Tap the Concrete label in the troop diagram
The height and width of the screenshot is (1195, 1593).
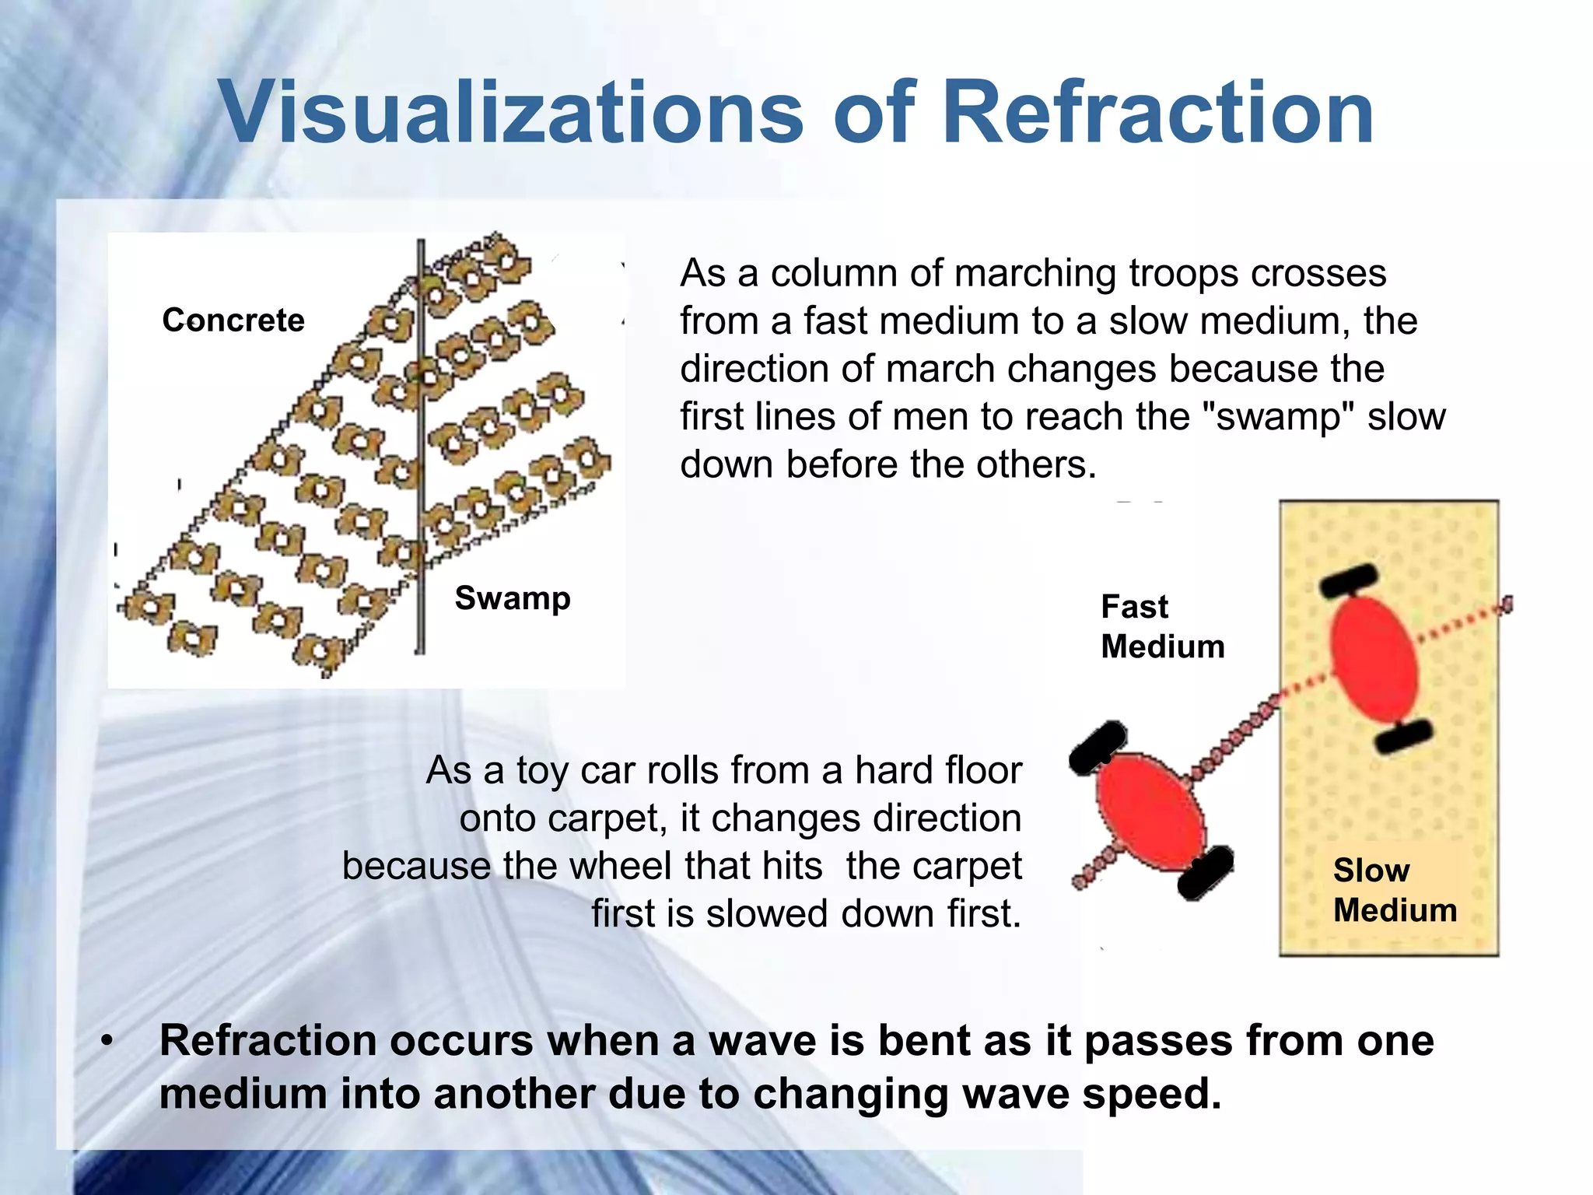(233, 321)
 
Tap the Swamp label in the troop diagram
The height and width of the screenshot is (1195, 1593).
(513, 598)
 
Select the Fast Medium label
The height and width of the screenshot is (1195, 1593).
(1162, 626)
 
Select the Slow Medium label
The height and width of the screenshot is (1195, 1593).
(1394, 890)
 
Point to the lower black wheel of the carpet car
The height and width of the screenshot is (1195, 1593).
(1403, 735)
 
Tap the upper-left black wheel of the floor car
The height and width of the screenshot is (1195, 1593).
(1098, 747)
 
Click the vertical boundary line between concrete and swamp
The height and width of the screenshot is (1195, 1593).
(421, 467)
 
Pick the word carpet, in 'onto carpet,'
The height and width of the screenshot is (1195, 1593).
(608, 818)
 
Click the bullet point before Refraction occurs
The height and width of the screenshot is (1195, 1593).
(108, 1041)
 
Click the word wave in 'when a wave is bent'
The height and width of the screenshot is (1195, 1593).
(761, 1041)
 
